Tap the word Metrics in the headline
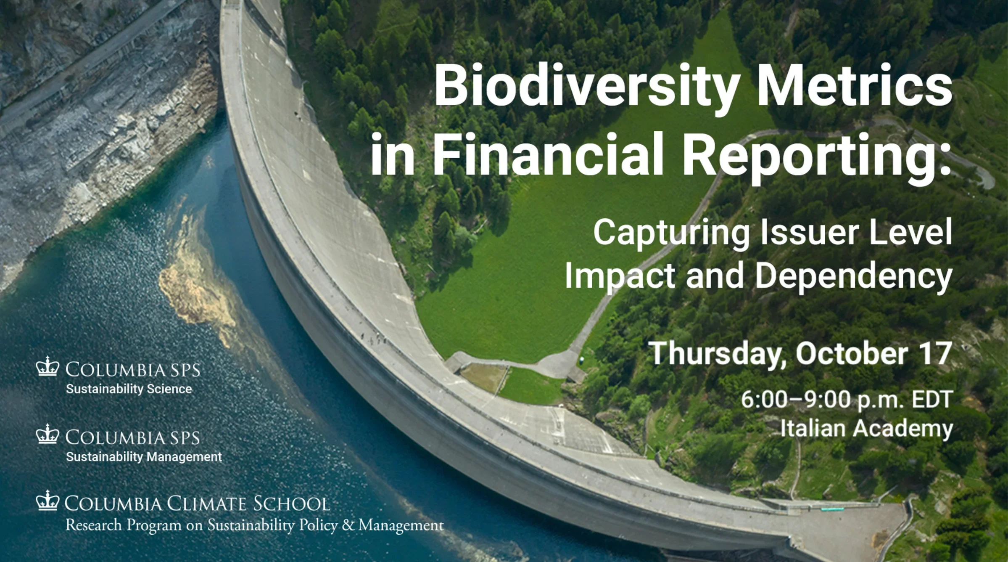854,85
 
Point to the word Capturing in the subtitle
672,234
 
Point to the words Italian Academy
866,429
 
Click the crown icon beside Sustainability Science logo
47,366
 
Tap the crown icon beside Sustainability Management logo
47,434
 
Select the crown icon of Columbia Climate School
47,501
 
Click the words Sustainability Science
129,389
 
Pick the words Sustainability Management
144,457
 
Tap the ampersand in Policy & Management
348,525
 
